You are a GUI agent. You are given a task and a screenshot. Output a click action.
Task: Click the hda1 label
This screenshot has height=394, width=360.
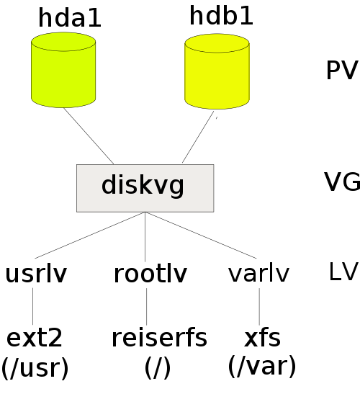(70, 17)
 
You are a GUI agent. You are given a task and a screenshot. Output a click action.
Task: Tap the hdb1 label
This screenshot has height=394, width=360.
(221, 16)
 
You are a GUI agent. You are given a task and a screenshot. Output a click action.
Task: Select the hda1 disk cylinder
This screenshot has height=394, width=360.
(63, 70)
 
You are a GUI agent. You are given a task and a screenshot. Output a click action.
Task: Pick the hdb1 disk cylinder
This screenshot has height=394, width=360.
(217, 71)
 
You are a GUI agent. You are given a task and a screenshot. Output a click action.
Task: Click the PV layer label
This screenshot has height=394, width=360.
(342, 70)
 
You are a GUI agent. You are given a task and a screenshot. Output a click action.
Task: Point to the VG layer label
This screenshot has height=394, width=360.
(342, 182)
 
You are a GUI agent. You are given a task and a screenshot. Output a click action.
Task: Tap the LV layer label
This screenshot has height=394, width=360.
(343, 271)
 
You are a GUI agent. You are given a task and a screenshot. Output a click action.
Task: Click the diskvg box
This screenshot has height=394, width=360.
(145, 188)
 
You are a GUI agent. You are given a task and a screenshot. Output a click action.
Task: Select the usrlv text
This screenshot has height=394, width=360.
(36, 274)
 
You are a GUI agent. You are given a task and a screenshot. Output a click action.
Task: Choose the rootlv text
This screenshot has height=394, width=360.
(150, 274)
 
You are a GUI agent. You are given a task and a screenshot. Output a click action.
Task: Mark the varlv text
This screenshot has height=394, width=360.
(258, 273)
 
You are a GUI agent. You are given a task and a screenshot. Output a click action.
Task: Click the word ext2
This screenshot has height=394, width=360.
(34, 338)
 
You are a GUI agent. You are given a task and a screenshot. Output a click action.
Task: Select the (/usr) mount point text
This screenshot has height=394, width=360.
(35, 368)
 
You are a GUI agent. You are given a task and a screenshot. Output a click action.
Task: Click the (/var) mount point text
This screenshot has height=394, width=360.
(262, 366)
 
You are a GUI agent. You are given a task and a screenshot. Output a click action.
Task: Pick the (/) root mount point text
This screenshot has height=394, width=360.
(158, 367)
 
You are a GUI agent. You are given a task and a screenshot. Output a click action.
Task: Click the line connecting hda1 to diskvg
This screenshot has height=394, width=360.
(89, 136)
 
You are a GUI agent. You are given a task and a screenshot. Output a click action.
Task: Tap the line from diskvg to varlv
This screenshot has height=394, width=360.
(201, 236)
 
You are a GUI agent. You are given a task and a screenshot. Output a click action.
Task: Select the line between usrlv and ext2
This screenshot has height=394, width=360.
(32, 306)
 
